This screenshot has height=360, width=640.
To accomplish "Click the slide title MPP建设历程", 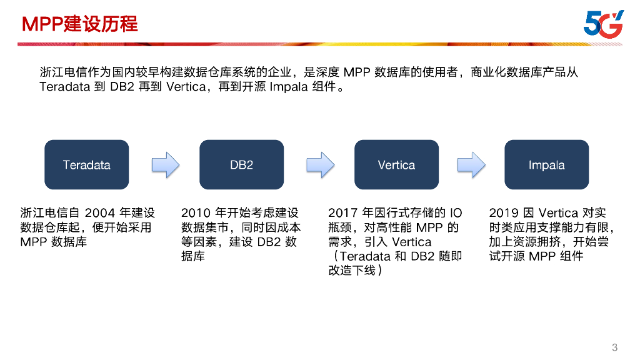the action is [x=80, y=24].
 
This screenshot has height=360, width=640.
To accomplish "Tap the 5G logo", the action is [x=603, y=24].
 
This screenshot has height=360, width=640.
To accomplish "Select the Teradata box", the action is [x=86, y=165].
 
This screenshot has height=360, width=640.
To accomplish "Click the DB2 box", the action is [x=241, y=165].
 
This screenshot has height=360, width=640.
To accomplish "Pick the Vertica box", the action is [x=396, y=165].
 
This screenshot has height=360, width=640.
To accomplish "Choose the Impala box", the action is [x=546, y=165].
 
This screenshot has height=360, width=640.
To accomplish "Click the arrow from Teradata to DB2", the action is [x=166, y=165].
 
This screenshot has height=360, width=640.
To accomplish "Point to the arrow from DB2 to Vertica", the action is [x=320, y=165].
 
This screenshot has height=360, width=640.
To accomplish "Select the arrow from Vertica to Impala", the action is [x=471, y=165].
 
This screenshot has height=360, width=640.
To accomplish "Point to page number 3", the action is [x=614, y=347].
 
